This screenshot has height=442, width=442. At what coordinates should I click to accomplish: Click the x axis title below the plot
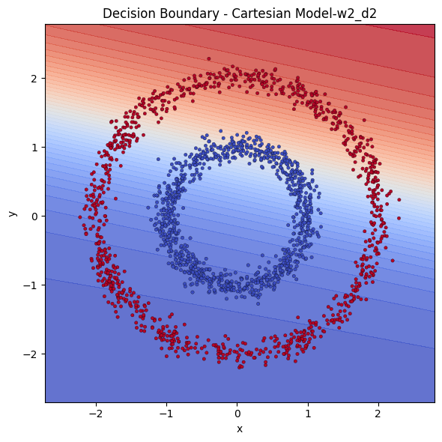click(x=240, y=429)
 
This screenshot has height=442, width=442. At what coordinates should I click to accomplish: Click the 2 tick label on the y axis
click(x=34, y=78)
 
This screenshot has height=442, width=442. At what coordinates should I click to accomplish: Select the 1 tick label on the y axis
click(x=34, y=147)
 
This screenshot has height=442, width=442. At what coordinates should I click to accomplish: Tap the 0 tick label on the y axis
click(x=34, y=216)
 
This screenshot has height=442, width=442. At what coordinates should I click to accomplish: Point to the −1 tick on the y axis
click(x=31, y=285)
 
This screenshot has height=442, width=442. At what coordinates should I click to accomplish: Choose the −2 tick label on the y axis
click(x=31, y=354)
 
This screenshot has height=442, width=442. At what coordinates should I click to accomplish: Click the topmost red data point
click(x=209, y=58)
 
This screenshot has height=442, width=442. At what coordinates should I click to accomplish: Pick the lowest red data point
click(x=240, y=368)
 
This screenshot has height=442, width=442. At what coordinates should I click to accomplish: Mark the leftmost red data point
click(x=80, y=217)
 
